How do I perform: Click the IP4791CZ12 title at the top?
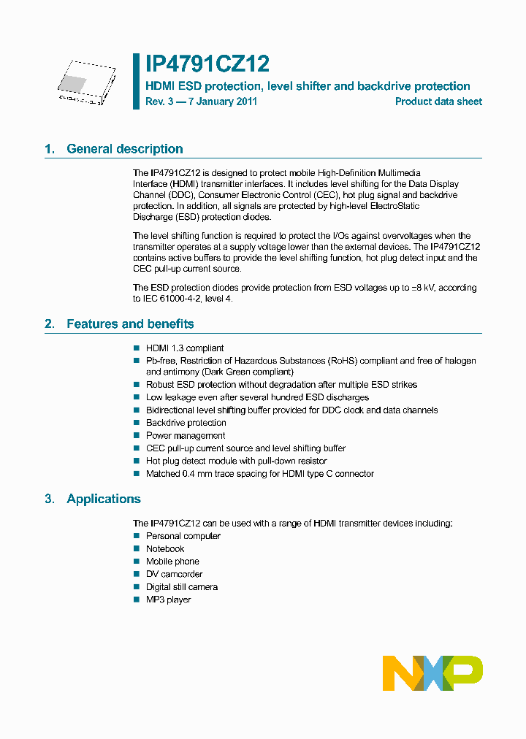207,64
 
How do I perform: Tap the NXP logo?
432,673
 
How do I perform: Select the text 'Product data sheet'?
438,102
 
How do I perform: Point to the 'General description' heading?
124,149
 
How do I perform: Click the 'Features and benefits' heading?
130,324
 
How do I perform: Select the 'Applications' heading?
103,499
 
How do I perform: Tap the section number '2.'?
50,324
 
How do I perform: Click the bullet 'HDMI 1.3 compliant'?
185,348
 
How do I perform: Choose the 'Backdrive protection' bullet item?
186,423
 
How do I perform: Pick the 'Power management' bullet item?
186,436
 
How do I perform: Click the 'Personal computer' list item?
183,536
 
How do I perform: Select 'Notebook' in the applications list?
165,549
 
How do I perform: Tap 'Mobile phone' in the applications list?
172,562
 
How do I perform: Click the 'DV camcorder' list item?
174,575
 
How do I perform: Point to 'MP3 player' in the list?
168,600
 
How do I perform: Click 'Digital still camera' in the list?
182,587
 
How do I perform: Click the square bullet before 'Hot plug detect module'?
136,462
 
